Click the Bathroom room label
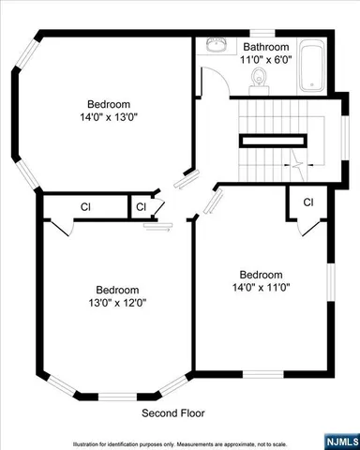[267, 46]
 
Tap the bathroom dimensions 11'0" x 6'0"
[267, 58]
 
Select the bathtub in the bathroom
[312, 68]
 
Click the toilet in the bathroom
[262, 85]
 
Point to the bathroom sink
[216, 45]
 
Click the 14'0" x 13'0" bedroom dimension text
[109, 118]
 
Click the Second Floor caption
[173, 412]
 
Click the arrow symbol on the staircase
[296, 166]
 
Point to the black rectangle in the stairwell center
[273, 140]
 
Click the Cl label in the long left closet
[84, 206]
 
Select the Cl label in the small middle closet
[141, 206]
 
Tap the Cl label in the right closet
[307, 202]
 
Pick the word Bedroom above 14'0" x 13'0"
[109, 104]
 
